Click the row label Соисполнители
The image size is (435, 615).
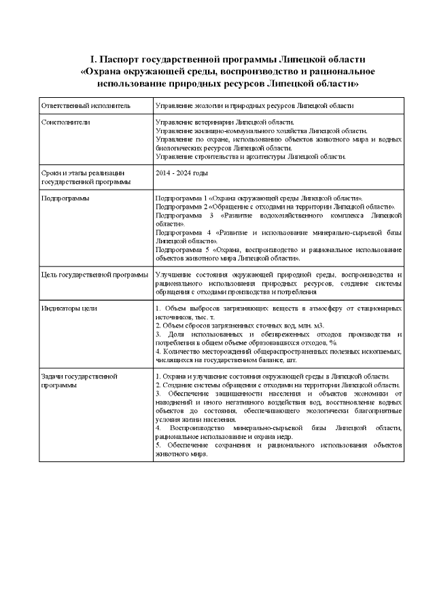(65, 122)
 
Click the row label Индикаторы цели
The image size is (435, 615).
(69, 308)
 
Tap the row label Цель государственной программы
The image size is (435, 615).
(94, 275)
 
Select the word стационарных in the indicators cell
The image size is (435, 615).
(379, 308)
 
